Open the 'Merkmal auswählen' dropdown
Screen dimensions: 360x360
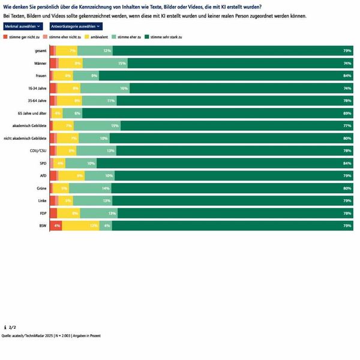click(x=23, y=27)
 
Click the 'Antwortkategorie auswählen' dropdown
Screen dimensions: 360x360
click(x=76, y=27)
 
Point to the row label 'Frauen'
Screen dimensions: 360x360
click(x=41, y=76)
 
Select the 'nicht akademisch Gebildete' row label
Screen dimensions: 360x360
click(x=25, y=138)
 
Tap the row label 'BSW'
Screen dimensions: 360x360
click(x=42, y=226)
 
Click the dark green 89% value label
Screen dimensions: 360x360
click(x=347, y=113)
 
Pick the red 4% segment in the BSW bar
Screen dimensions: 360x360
click(x=56, y=226)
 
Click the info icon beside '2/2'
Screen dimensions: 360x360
click(x=5, y=327)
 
